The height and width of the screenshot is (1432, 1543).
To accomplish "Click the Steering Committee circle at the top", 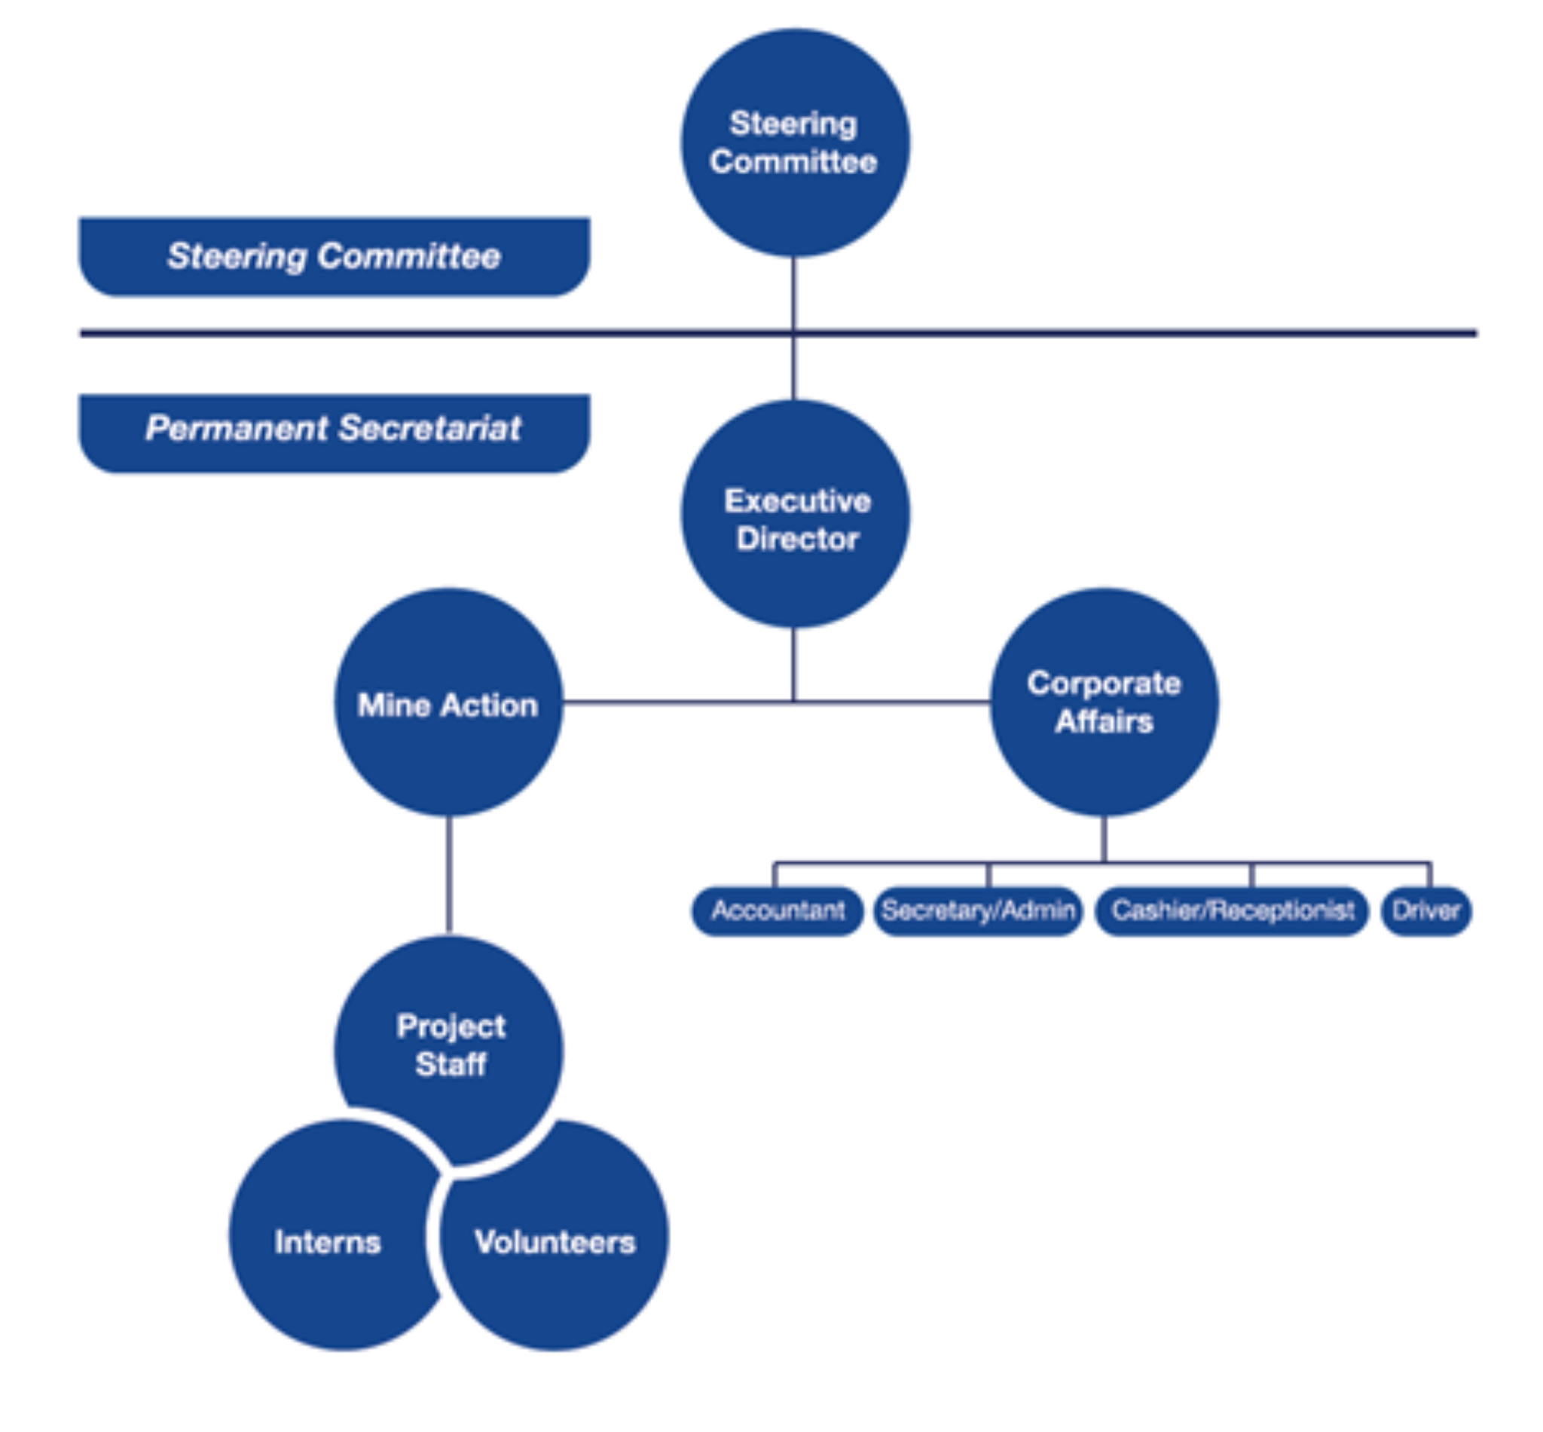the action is pos(795,143).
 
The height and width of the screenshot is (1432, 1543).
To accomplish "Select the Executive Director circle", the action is pos(795,514).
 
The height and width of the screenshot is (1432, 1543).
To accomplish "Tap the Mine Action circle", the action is pos(448,702).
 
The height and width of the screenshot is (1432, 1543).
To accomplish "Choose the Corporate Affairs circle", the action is pos(1104,702).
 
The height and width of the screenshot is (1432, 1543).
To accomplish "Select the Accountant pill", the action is pos(777,910).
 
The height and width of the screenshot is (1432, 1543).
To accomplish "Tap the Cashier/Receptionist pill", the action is pos(1232,910).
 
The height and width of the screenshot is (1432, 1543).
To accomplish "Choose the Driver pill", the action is pos(1426,910).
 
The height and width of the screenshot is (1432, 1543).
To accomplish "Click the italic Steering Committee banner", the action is pos(335,256).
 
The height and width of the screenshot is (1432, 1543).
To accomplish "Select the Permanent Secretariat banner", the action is pos(335,433).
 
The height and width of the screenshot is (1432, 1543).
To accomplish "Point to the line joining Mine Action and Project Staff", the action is pos(448,876).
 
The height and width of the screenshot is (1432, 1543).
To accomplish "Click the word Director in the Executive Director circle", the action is pos(798,539).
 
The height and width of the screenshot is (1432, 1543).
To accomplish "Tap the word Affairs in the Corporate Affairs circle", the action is pos(1104,721).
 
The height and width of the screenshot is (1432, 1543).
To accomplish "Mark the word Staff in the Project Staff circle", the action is pos(451,1064).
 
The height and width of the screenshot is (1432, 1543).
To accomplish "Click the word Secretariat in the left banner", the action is pos(430,428).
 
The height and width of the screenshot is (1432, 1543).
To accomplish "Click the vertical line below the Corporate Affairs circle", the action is pos(1104,839).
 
